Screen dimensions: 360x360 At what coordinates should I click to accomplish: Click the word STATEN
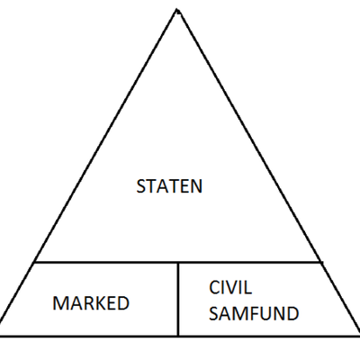click(169, 187)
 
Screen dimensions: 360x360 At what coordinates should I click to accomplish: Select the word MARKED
click(90, 303)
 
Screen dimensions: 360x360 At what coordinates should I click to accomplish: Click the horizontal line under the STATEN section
click(108, 263)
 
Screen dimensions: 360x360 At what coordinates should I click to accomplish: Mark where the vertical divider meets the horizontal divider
click(178, 263)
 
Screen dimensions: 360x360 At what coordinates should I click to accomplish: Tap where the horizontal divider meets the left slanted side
click(34, 263)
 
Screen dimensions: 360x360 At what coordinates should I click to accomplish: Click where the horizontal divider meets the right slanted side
click(323, 263)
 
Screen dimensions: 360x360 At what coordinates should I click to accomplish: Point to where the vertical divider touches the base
click(178, 336)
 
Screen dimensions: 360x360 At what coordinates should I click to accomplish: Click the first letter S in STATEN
click(140, 187)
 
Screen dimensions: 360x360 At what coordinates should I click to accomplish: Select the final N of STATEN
click(198, 187)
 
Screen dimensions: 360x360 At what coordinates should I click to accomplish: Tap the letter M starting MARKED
click(59, 303)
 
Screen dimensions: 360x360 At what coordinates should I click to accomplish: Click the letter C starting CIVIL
click(213, 289)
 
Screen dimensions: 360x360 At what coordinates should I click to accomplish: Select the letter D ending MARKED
click(122, 303)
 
